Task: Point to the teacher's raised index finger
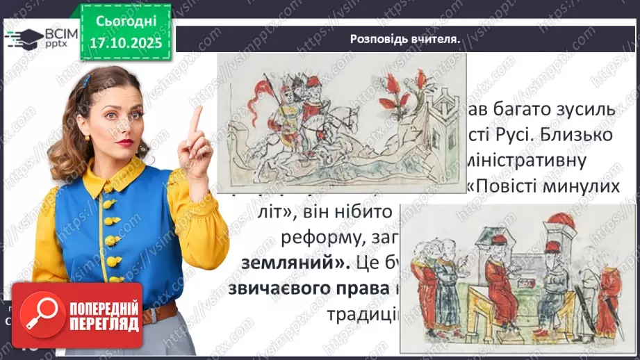pos(197,119)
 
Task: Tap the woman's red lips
pos(125,142)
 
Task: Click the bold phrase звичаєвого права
pos(299,289)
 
